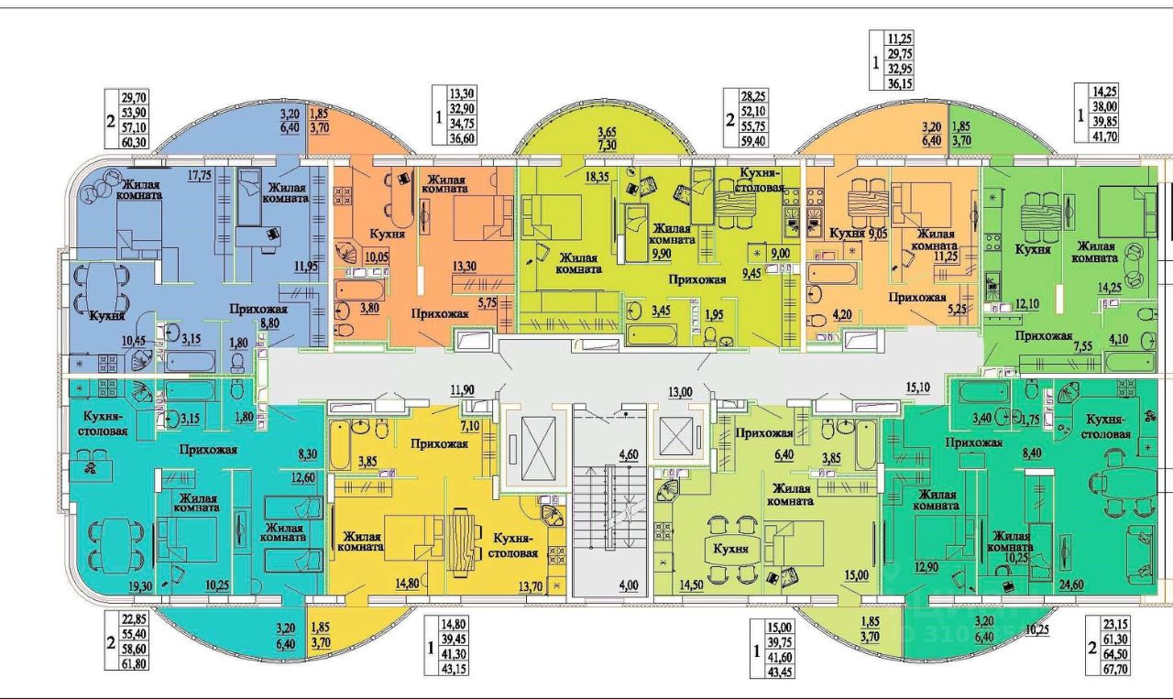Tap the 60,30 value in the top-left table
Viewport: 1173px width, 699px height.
(121, 142)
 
